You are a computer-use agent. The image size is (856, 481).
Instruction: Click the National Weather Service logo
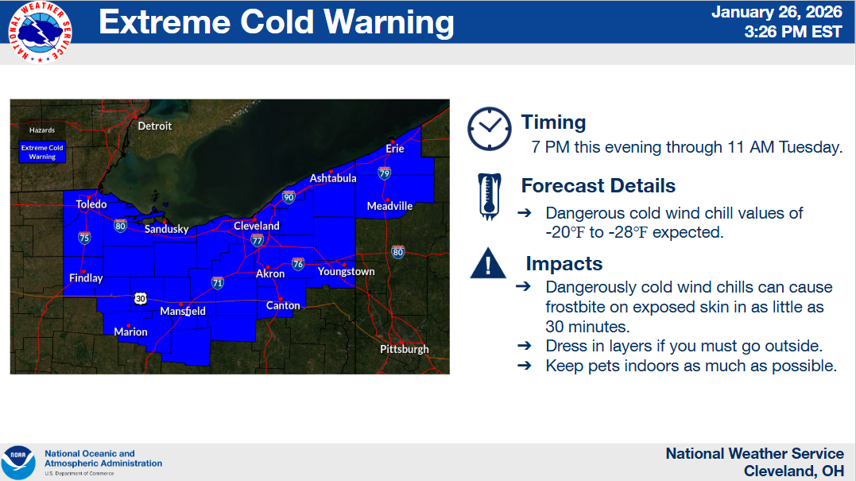[40, 33]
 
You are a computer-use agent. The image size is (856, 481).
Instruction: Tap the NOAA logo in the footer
[18, 463]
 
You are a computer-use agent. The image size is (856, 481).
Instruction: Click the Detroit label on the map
[154, 126]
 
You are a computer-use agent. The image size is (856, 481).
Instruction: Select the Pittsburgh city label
[404, 349]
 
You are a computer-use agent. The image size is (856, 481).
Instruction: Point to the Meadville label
[389, 206]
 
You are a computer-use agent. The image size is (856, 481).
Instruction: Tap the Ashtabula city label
[333, 178]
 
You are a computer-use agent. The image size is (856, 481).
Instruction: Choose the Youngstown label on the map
[346, 271]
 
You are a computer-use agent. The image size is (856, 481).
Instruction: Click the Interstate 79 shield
[385, 173]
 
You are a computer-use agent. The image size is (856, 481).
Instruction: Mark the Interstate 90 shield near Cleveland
[289, 196]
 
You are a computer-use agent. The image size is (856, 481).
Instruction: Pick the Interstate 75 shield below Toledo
[84, 238]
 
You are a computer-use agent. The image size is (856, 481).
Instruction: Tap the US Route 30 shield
[141, 299]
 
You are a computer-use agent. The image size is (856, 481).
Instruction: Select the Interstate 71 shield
[217, 282]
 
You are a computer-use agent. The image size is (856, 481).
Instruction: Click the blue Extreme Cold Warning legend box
[42, 152]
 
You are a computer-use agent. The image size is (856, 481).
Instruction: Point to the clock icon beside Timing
[490, 129]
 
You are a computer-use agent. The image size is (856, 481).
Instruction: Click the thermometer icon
[489, 196]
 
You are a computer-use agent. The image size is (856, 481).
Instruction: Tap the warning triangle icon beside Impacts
[488, 263]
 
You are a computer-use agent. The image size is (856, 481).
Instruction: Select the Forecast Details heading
[598, 185]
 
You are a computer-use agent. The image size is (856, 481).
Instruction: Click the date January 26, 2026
[777, 12]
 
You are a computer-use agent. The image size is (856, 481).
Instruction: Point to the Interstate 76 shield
[297, 264]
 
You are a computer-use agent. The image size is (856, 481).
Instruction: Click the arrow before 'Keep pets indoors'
[524, 365]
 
